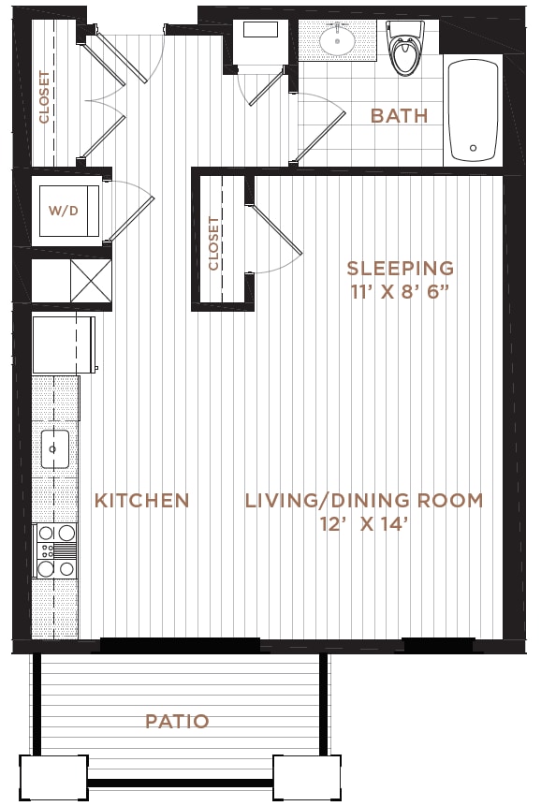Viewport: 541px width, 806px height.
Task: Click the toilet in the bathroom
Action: click(405, 49)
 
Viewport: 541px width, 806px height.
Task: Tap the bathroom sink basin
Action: click(337, 39)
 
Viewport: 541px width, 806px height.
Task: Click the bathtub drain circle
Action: click(474, 148)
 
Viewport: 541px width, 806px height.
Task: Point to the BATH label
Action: click(400, 116)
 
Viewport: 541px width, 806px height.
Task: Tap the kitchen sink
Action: click(54, 449)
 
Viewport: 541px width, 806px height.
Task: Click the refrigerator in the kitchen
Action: click(64, 344)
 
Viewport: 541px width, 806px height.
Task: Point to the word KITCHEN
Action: click(141, 500)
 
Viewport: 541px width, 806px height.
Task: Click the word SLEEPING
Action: click(401, 268)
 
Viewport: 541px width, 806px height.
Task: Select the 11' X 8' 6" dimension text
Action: click(401, 292)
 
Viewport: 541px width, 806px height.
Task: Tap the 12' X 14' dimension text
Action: click(364, 524)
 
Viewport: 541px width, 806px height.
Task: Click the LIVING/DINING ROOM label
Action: click(364, 500)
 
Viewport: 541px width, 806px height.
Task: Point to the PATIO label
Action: click(177, 721)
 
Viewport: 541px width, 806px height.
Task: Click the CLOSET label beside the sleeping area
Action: click(213, 243)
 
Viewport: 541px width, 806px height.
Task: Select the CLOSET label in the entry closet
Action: click(45, 97)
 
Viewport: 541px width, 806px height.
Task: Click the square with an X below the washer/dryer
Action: click(91, 281)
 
